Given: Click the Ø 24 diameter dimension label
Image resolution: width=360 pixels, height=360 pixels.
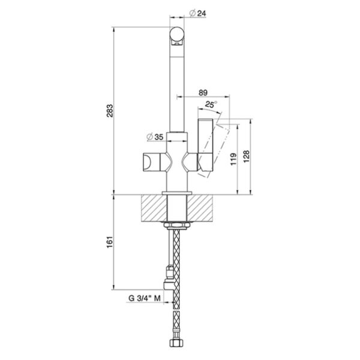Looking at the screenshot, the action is click(197, 13).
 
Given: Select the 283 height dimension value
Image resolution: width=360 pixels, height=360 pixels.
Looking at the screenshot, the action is click(110, 111).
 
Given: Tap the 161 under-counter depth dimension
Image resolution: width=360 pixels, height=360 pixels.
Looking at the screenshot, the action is click(110, 242).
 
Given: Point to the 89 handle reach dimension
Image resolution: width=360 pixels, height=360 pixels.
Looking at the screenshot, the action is click(203, 92).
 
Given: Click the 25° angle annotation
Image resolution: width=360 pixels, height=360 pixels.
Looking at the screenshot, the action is click(211, 104).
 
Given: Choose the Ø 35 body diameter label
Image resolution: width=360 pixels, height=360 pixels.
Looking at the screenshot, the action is click(155, 137).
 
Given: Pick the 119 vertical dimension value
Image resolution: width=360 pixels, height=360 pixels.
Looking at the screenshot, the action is click(233, 159).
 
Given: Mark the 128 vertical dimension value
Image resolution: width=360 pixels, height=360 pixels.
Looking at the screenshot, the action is click(246, 157).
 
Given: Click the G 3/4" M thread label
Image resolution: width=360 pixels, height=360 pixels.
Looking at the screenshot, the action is click(145, 298).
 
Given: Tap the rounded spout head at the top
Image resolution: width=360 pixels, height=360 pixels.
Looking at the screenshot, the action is click(177, 35).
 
